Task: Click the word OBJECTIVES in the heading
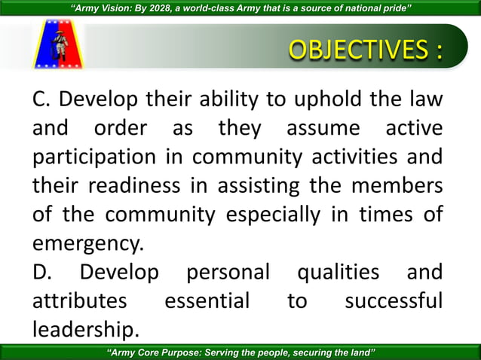[351, 50]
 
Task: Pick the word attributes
[79, 301]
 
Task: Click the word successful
[393, 301]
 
